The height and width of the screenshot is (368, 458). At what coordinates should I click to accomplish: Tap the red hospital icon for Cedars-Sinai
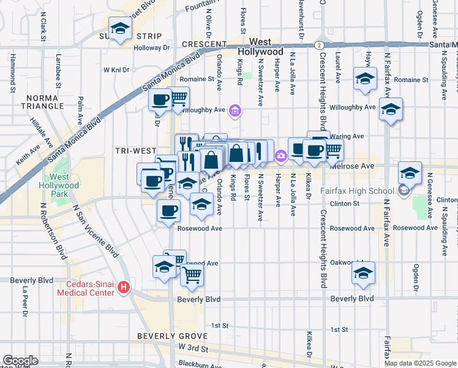coord(124,287)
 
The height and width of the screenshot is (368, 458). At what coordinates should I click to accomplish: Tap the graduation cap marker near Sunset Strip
coord(121,28)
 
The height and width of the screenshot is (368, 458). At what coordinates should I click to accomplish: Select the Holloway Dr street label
coord(152,47)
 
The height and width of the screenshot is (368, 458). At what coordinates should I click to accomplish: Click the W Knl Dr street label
coord(116,70)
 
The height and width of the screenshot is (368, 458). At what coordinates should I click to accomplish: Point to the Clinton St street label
coord(343,203)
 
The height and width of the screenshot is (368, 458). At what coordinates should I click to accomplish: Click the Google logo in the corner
coord(20,361)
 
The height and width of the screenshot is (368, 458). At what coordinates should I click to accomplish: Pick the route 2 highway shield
coord(318,45)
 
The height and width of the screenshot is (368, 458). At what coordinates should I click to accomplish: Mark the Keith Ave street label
coord(28,158)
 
